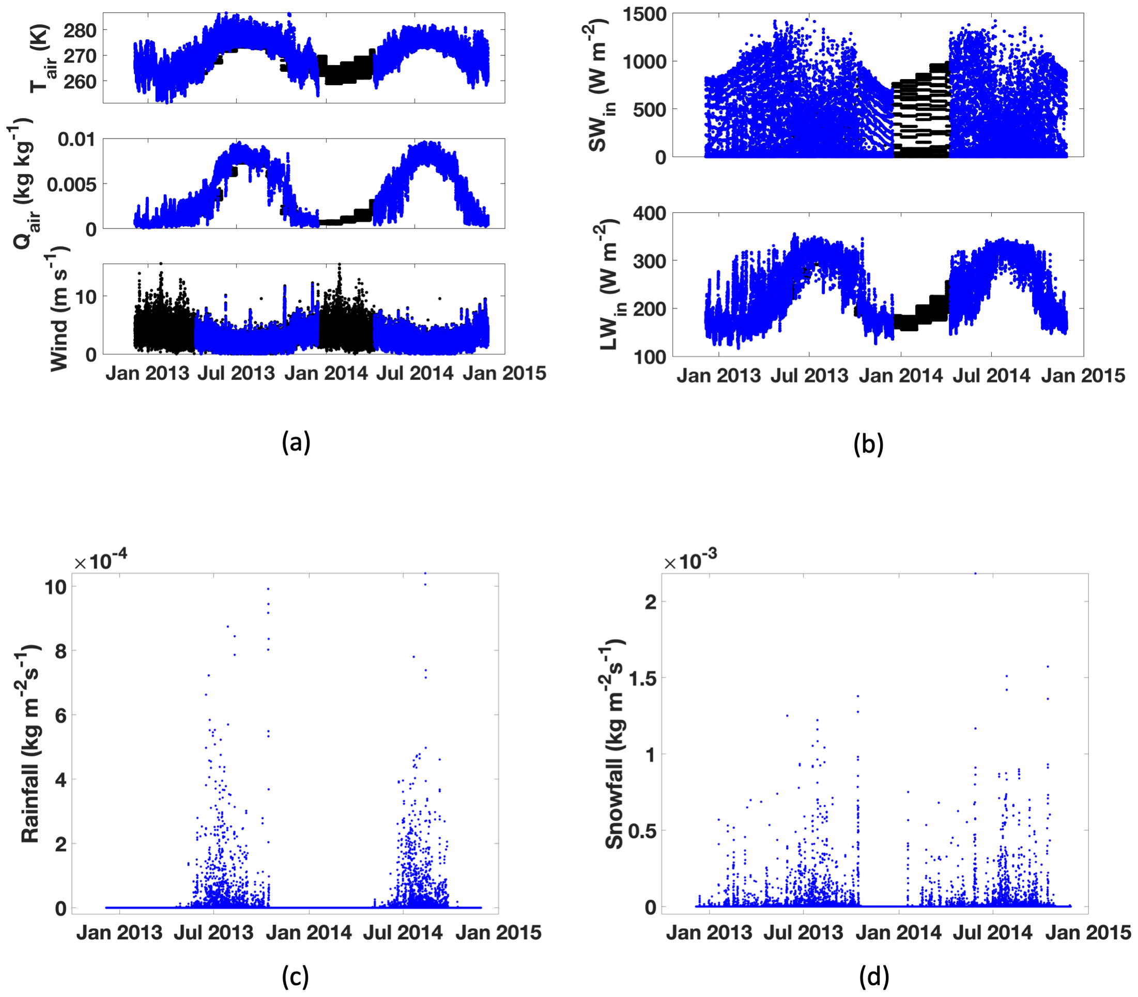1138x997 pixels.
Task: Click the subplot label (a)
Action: (x=296, y=442)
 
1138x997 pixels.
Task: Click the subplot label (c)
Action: (x=295, y=976)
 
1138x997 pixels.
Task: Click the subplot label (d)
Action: (x=874, y=976)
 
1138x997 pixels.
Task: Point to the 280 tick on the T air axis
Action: (x=80, y=30)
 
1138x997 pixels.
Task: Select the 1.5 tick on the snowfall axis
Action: (x=642, y=678)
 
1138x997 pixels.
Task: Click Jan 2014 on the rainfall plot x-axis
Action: (x=309, y=932)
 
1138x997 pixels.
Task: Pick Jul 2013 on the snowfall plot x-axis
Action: (x=803, y=932)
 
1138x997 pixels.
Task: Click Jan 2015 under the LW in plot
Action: (x=1083, y=376)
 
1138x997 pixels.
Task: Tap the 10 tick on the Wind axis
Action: (x=86, y=296)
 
